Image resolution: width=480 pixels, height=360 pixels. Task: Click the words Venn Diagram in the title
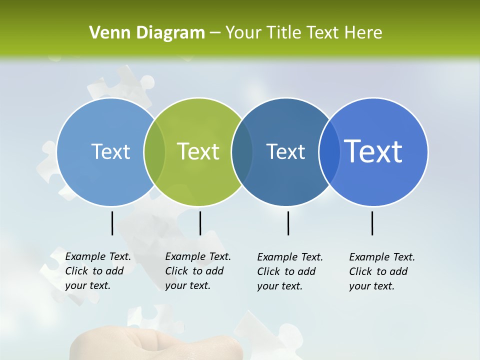tap(147, 33)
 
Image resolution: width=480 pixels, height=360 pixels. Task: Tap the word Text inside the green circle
tap(198, 151)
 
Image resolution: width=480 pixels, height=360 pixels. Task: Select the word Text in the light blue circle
tap(110, 151)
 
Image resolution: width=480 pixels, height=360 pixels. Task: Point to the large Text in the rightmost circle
tap(373, 151)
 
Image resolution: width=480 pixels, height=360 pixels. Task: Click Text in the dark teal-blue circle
tap(285, 151)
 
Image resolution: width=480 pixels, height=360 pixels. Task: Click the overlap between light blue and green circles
tap(154, 152)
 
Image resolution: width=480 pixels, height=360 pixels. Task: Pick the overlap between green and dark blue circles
tap(242, 152)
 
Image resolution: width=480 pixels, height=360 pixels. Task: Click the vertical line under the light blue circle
tap(112, 223)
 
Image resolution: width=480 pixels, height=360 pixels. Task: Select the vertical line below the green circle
tap(200, 223)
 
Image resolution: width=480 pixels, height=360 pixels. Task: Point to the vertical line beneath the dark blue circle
tap(288, 223)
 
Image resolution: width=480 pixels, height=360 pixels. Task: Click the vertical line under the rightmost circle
tap(372, 223)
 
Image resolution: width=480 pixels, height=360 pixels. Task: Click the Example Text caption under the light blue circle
tap(97, 271)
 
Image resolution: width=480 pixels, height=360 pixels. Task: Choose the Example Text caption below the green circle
tap(197, 271)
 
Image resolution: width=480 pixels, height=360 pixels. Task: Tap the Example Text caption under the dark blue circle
tap(289, 271)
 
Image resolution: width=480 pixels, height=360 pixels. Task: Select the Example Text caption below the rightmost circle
tap(381, 271)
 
